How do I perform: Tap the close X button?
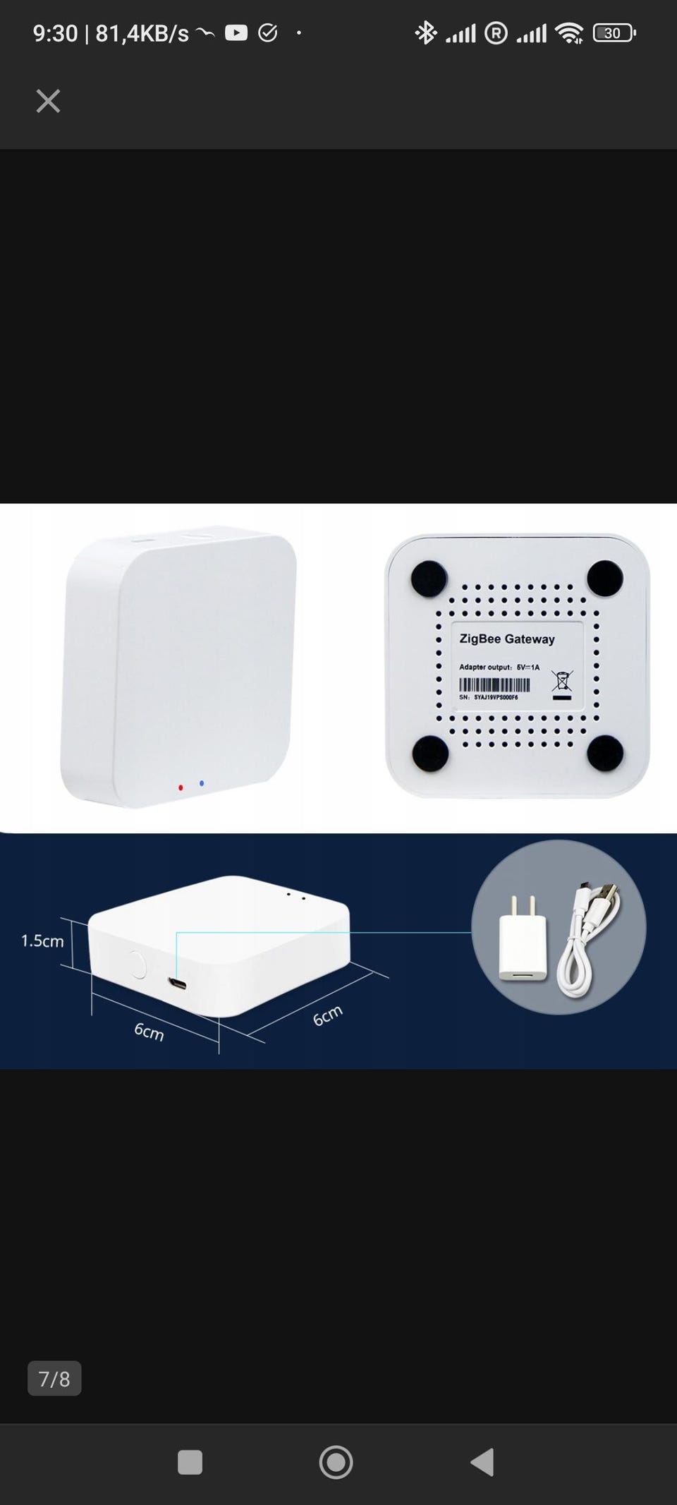[x=48, y=101]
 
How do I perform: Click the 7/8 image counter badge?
[x=54, y=1378]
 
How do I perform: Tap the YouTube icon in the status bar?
[x=236, y=32]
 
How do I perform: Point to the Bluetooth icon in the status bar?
[x=425, y=32]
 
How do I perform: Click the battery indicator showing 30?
[x=614, y=32]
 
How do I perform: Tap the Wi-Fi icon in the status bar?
[x=568, y=32]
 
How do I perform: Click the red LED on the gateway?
[x=181, y=787]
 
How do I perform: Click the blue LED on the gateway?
[x=202, y=782]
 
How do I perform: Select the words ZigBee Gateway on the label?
[x=507, y=639]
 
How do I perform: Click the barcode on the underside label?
[x=494, y=685]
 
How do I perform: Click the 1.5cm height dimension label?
[x=42, y=941]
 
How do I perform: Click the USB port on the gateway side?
[x=178, y=982]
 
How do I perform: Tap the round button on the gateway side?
[x=138, y=965]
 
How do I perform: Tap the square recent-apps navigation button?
[x=190, y=1462]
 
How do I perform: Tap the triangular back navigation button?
[x=482, y=1462]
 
